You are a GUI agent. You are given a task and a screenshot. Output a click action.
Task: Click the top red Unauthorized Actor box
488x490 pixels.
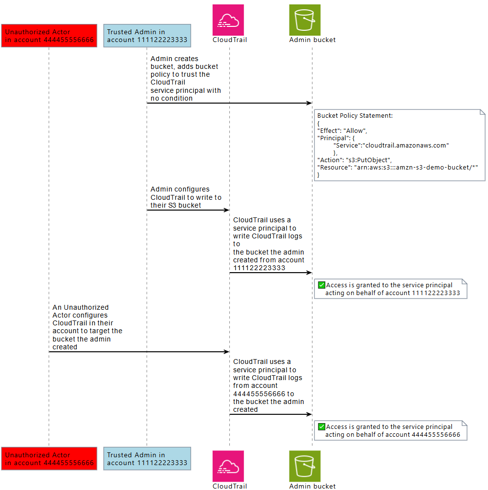coord(49,36)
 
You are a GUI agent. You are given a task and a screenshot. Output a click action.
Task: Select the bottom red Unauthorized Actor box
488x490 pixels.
coord(49,459)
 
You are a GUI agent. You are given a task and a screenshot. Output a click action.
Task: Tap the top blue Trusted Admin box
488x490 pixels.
coord(147,36)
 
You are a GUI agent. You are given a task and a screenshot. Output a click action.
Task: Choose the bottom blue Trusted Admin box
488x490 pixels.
coord(147,459)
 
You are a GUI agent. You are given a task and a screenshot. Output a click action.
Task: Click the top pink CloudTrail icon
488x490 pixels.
coord(228,20)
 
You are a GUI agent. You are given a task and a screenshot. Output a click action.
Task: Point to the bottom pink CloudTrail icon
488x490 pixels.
coord(228,466)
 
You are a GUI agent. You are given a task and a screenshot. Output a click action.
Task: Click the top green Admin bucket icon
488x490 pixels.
coord(305,20)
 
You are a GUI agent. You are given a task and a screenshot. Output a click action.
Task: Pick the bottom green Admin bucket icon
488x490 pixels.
coord(305,466)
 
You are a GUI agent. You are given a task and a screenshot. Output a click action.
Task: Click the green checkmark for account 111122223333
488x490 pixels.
coord(321,285)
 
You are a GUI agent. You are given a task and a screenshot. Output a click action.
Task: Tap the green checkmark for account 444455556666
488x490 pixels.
coord(321,426)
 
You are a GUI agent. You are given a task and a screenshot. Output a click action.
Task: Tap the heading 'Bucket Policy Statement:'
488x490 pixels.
coord(355,116)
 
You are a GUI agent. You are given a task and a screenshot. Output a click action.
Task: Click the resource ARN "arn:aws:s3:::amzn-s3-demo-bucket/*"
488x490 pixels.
coord(416,167)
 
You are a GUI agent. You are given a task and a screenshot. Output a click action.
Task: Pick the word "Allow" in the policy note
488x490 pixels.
coord(355,130)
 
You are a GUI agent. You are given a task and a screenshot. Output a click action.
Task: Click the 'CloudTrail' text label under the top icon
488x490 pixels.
coord(229,40)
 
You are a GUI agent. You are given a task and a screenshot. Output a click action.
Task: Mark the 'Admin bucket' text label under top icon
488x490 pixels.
coord(312,40)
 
